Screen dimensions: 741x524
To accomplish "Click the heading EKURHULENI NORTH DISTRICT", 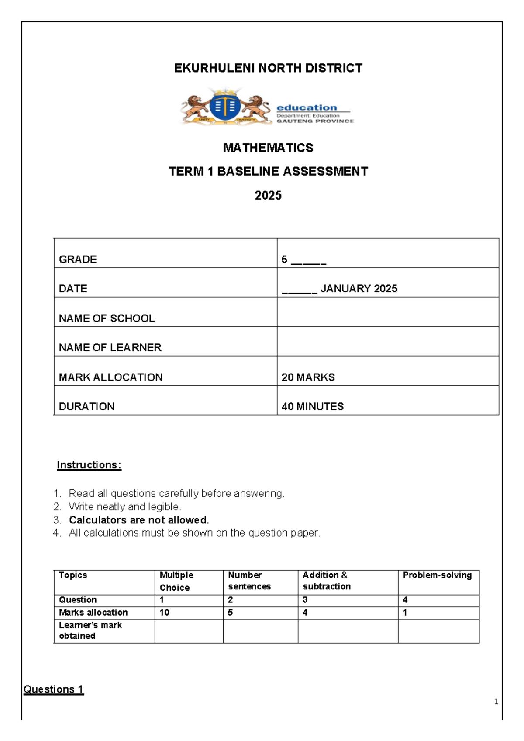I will pos(268,68).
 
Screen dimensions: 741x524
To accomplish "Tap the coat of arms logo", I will pos(225,107).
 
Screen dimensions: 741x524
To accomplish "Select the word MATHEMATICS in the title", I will pos(268,148).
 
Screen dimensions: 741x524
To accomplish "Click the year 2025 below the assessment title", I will pos(268,195).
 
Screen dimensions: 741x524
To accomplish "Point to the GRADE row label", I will pos(78,259).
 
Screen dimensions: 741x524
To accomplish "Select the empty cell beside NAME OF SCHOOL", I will pos(388,312).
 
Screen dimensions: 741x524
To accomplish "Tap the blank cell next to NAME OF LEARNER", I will pos(388,342).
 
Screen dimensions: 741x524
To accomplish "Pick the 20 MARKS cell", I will pos(308,377).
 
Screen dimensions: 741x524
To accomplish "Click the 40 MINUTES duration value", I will pos(313,406).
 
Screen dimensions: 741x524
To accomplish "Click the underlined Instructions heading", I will pos(89,465).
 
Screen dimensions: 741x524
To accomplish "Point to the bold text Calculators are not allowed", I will pos(139,520).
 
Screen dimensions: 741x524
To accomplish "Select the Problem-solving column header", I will pos(437,575).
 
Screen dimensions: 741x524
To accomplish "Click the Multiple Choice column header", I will pos(176,581).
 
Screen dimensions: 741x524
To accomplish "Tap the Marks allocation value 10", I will pos(165,613).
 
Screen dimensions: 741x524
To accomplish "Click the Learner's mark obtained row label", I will pos(90,630).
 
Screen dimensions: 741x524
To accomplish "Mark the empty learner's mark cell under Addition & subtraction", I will pos(348,631).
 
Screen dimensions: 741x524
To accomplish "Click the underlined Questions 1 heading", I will pos(53,689).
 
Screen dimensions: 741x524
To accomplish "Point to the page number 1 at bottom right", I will pos(496,702).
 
